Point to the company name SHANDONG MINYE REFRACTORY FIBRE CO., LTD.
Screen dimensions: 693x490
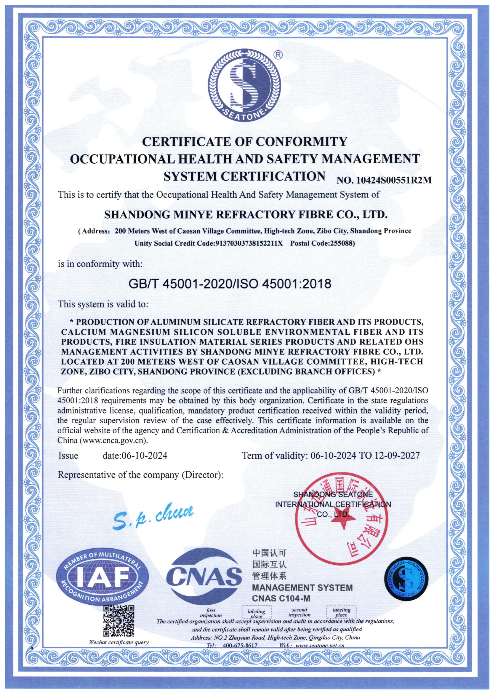tap(245, 215)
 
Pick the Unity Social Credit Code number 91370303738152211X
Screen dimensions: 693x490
tap(248, 243)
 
